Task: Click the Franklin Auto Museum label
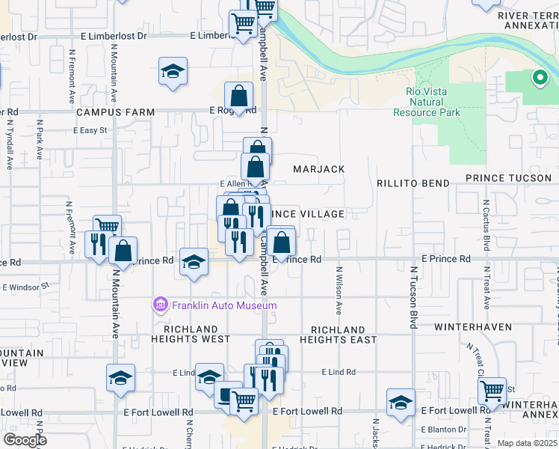214,305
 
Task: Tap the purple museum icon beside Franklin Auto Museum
160,305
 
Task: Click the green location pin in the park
538,77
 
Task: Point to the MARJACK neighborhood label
319,169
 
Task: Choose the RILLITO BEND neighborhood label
413,183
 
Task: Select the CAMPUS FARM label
116,112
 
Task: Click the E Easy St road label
90,130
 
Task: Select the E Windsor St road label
25,286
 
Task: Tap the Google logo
24,439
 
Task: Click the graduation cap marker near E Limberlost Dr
173,72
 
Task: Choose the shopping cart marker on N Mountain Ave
108,225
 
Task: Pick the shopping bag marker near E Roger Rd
238,96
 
